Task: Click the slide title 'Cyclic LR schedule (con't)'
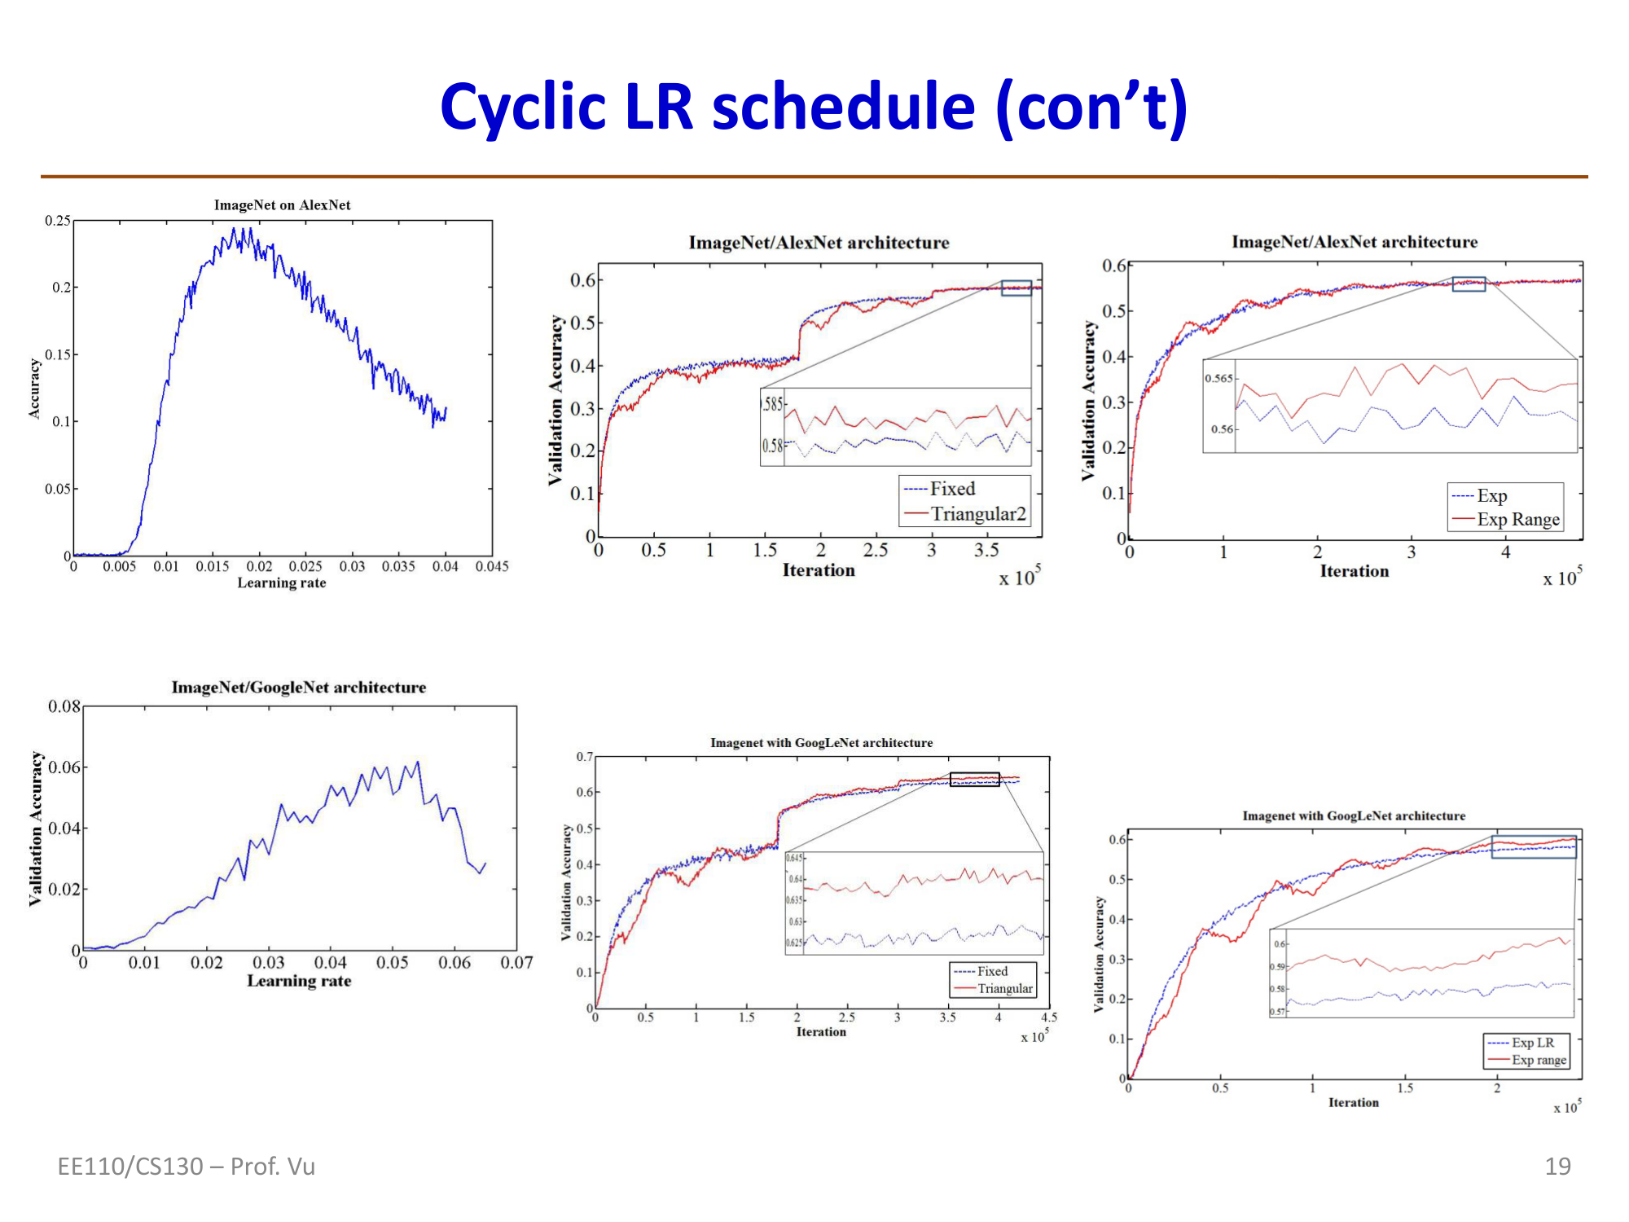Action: tap(813, 108)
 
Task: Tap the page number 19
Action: tap(1557, 1167)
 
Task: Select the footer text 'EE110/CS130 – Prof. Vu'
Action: tap(186, 1167)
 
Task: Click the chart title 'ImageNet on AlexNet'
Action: tap(282, 205)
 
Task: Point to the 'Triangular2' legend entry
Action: tap(977, 514)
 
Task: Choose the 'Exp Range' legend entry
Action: tap(1517, 520)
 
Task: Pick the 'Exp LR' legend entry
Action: tap(1532, 1043)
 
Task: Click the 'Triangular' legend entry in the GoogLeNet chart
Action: tap(1004, 989)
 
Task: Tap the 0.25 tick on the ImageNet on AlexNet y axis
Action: tap(58, 221)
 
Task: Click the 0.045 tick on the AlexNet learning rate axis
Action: tap(492, 567)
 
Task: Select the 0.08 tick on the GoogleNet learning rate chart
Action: tap(64, 706)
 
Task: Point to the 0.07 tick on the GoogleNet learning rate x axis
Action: tap(516, 963)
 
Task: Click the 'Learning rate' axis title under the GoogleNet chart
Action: tap(299, 982)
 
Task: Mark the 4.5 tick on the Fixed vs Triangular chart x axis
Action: tap(1049, 1018)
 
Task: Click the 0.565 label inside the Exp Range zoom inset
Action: tap(1218, 379)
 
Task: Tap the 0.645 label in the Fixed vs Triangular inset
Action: tap(794, 858)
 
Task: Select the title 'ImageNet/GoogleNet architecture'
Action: tap(298, 688)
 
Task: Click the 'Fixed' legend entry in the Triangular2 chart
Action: tap(952, 489)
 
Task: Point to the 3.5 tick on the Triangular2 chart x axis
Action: tap(986, 551)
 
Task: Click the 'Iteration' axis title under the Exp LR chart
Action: tap(1353, 1103)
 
